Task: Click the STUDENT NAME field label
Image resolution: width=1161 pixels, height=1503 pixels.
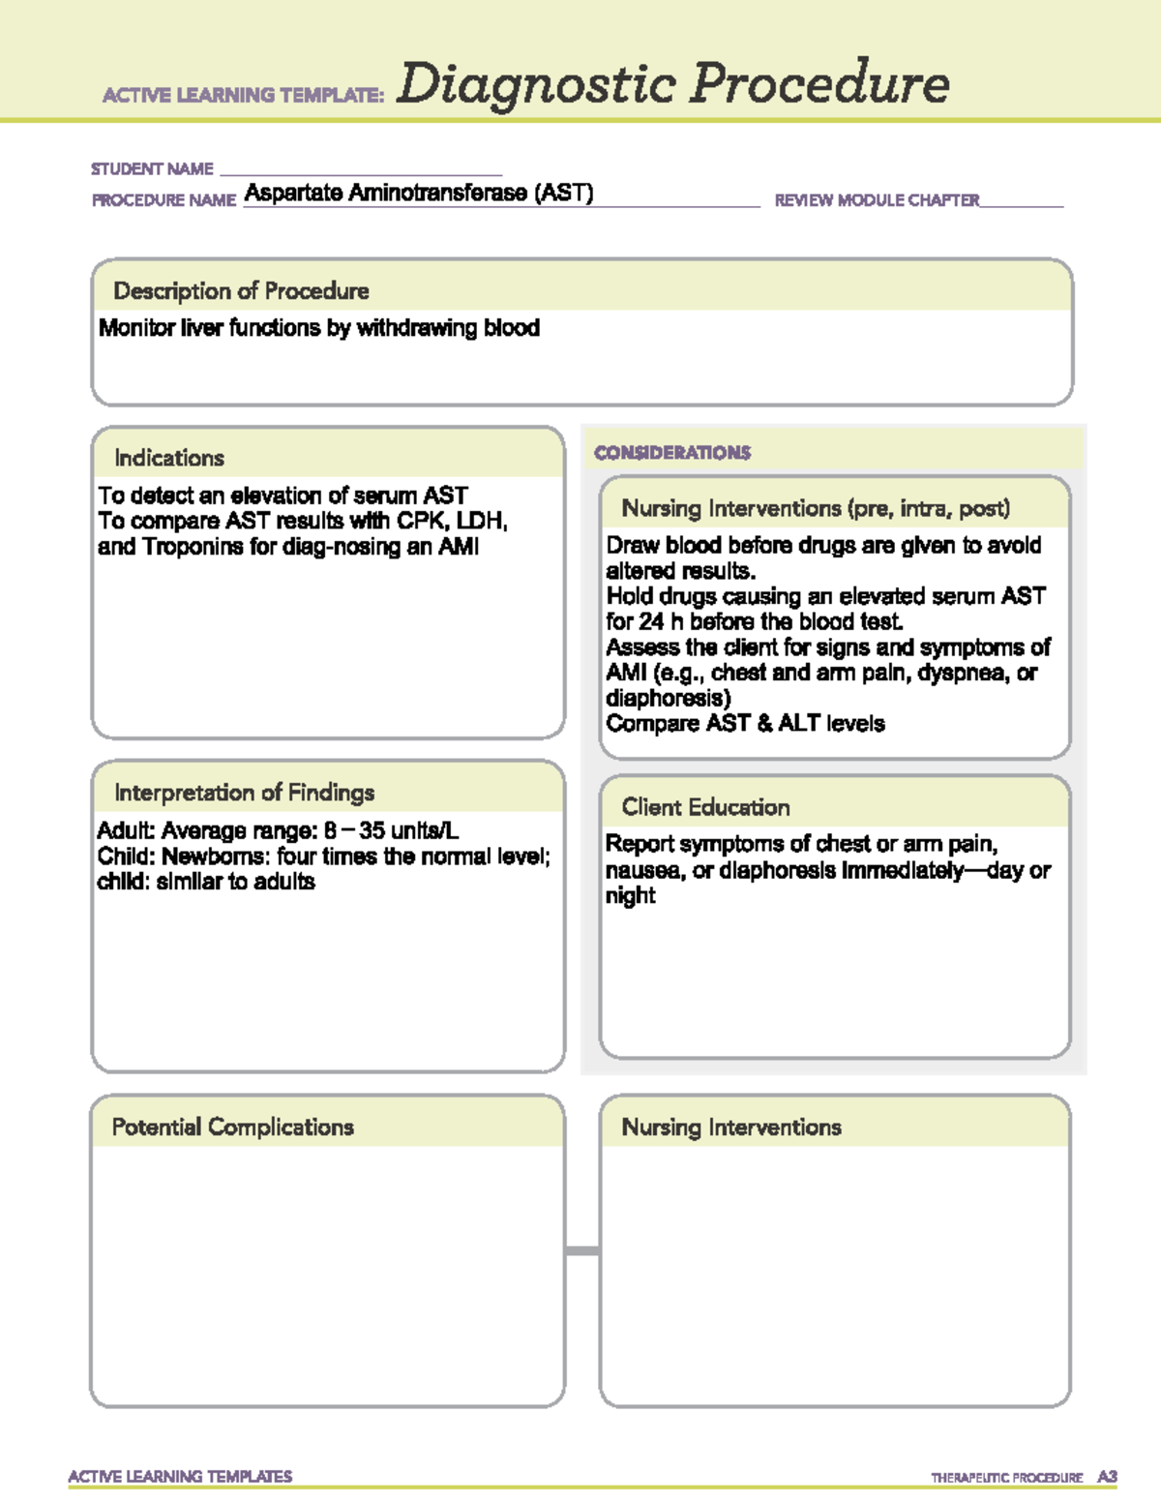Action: (x=152, y=169)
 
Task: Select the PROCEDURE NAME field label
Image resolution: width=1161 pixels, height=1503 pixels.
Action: (x=164, y=200)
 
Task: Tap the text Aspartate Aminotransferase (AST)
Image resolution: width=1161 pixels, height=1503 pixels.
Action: (x=419, y=193)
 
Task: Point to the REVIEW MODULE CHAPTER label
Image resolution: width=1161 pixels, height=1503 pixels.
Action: (x=877, y=200)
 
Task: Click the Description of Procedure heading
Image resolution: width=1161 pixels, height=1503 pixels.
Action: (x=241, y=291)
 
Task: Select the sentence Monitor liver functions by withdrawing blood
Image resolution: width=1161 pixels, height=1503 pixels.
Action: (x=319, y=328)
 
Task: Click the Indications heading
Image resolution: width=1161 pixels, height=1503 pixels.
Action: (x=169, y=458)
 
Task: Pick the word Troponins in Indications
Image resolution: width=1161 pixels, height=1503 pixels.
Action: (x=193, y=547)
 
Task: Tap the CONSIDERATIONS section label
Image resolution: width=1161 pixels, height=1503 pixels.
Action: (x=672, y=453)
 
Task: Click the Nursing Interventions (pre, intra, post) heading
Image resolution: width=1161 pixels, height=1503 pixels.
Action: (x=816, y=508)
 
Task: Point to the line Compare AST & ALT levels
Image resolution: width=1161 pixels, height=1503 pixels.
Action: (x=745, y=724)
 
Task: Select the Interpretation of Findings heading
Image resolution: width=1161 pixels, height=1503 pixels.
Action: (x=244, y=793)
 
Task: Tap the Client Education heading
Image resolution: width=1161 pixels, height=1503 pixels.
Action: (x=705, y=807)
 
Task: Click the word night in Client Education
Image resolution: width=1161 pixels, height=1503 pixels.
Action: (x=630, y=896)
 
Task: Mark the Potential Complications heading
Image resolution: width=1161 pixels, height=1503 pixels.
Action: (x=232, y=1127)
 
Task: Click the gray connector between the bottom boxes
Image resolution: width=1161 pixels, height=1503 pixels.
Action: (x=581, y=1251)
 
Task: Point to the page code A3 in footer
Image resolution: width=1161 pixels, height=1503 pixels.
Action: (x=1107, y=1477)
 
